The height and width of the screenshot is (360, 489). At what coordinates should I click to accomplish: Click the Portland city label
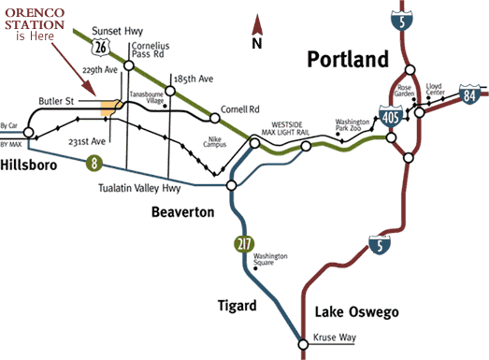[x=348, y=61]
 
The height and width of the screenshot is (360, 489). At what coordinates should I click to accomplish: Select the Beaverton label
[x=182, y=212]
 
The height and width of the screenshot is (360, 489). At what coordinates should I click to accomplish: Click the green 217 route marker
[x=244, y=246]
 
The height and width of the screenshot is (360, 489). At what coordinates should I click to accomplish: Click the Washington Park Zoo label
[x=354, y=127]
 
